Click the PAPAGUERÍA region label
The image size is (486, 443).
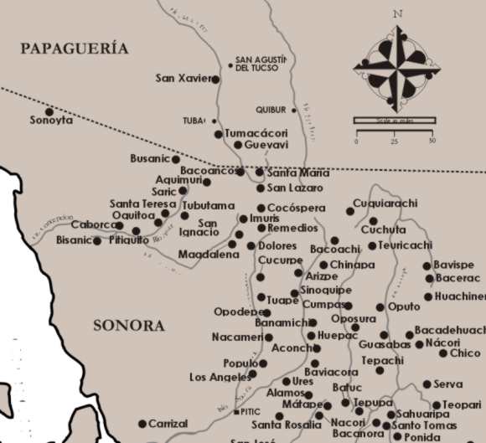[75, 49]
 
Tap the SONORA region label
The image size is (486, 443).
[129, 326]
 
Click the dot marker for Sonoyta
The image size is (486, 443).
[49, 111]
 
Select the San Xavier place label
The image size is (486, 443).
[182, 79]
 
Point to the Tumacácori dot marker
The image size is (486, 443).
[219, 134]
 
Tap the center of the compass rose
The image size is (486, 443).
[395, 64]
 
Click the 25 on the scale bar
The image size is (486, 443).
[394, 141]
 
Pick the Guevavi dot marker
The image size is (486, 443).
[237, 145]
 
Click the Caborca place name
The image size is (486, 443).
[92, 224]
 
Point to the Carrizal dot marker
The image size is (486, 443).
[142, 424]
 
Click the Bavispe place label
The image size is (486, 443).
[453, 265]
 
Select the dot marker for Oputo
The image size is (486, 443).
[380, 307]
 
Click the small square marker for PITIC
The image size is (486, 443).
[235, 412]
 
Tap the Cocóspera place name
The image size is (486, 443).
[293, 208]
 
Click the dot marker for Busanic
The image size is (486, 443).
[176, 159]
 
